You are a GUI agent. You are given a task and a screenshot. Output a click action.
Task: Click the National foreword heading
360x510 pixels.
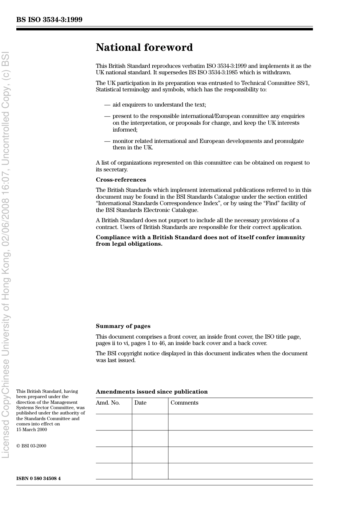(x=144, y=47)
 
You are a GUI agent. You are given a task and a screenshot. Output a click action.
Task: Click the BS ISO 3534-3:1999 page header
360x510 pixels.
(x=49, y=20)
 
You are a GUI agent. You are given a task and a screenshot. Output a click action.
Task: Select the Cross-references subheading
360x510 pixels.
(x=121, y=180)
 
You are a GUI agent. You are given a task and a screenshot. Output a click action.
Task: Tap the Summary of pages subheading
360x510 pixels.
(x=123, y=326)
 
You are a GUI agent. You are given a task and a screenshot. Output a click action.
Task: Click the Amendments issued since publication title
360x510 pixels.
(x=152, y=392)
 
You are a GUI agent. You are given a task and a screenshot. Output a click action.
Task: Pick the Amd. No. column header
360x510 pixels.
(x=108, y=403)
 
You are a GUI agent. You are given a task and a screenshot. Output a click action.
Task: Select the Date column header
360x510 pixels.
(x=140, y=403)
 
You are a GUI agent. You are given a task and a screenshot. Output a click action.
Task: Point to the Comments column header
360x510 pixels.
(x=184, y=403)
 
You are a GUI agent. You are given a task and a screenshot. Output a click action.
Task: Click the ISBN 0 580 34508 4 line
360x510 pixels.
(x=38, y=478)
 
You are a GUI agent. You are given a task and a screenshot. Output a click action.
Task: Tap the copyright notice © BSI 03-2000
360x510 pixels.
(x=31, y=446)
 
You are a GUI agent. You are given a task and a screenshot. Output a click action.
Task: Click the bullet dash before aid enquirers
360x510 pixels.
(x=107, y=105)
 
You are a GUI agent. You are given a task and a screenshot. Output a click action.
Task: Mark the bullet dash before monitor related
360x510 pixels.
(x=107, y=141)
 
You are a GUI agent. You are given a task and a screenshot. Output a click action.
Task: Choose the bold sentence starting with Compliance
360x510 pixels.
(x=200, y=240)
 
